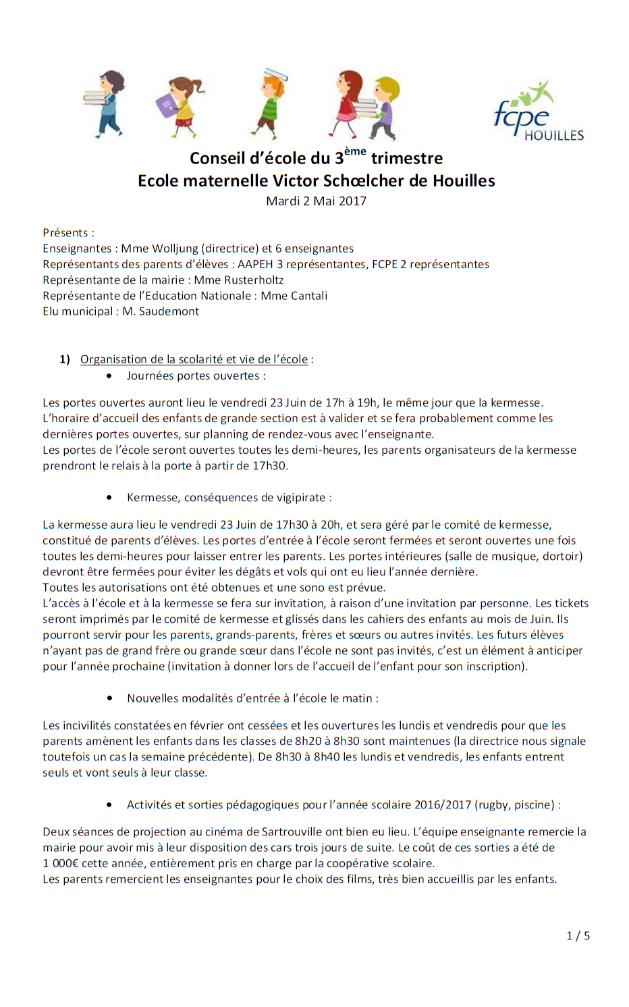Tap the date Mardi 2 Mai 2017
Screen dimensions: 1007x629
[316, 201]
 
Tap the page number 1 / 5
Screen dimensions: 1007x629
[578, 935]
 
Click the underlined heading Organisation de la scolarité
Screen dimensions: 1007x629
[194, 359]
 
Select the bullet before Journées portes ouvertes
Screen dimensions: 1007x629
[109, 376]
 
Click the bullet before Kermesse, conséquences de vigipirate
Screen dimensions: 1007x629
[109, 498]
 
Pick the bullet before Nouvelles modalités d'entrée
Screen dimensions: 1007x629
[109, 698]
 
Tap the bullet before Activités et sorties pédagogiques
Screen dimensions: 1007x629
[109, 805]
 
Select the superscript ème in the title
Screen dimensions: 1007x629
[355, 152]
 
